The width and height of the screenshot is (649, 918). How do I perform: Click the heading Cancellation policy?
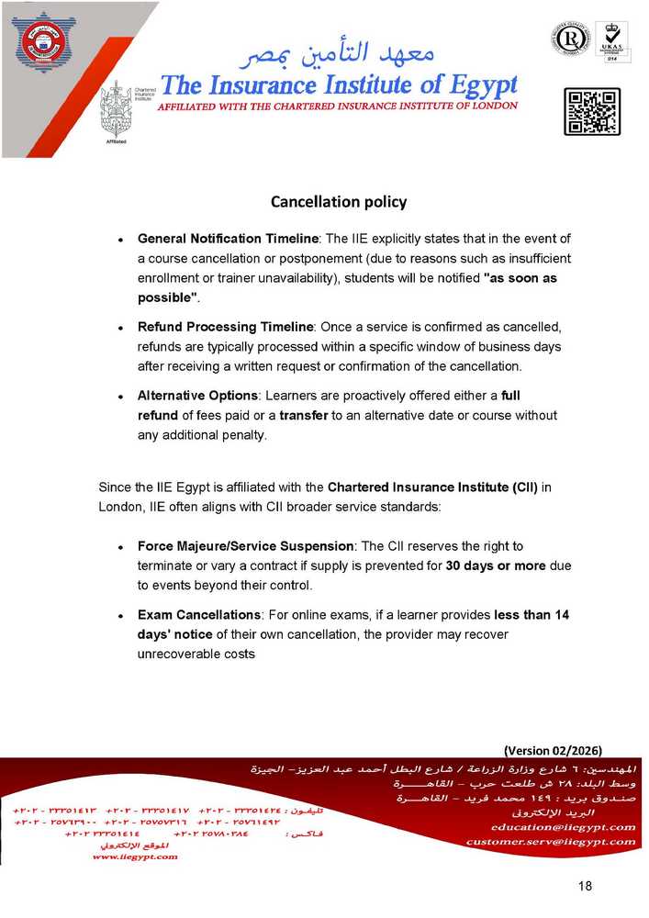[338, 201]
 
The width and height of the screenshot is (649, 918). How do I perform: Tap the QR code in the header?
[591, 112]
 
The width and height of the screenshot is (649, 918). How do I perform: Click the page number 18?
[586, 886]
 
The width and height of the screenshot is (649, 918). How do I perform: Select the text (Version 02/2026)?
[553, 748]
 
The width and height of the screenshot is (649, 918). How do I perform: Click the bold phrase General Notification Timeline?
[227, 239]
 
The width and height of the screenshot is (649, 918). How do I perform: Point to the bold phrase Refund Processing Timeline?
[226, 327]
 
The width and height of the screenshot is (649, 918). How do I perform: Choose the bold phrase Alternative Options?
[196, 396]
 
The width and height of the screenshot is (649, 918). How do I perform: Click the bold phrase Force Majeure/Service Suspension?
[245, 546]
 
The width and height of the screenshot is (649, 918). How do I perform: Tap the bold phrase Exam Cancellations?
[198, 615]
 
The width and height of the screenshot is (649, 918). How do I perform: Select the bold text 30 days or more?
[496, 565]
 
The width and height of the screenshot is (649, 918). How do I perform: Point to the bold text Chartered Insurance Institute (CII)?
[432, 487]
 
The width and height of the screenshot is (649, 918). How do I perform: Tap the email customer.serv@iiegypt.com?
[550, 841]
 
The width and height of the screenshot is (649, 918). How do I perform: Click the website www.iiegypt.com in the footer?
[135, 856]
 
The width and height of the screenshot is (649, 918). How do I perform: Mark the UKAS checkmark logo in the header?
[611, 39]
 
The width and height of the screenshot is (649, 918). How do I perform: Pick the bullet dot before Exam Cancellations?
[121, 616]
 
